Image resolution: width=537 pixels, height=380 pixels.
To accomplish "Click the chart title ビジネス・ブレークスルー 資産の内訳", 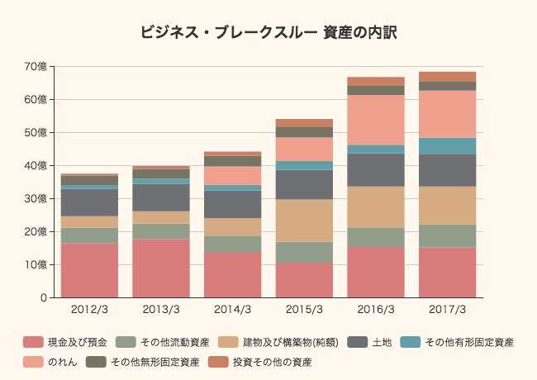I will click(268, 33).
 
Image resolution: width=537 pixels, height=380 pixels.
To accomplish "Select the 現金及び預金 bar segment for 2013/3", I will click(161, 268).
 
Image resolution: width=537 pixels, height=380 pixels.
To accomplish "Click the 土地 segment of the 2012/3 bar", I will click(90, 202).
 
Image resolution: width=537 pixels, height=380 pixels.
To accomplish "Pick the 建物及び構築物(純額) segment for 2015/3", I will click(304, 221).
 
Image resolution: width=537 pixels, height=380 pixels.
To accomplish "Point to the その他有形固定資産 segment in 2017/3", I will click(447, 146).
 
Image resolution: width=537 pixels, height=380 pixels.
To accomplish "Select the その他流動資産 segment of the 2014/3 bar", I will click(233, 244).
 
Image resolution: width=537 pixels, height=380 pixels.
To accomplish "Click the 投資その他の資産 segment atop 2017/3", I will click(447, 77).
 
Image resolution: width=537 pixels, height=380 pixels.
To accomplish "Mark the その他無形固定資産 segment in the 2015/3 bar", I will click(304, 132).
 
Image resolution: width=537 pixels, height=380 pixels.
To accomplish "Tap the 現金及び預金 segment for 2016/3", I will click(376, 272).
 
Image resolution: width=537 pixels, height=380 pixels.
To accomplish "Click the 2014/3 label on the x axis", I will click(233, 310).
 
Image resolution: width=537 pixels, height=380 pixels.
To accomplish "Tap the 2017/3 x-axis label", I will click(447, 310).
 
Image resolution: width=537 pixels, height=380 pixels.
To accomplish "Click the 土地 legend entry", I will click(381, 342).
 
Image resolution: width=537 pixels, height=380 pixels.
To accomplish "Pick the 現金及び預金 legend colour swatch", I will click(32, 342).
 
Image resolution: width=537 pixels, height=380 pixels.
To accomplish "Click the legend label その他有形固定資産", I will click(468, 342).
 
